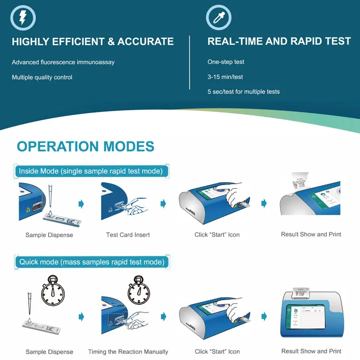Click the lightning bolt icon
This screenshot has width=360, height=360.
(23, 18)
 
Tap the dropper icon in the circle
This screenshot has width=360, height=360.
(218, 18)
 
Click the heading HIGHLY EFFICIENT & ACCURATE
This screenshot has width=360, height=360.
(93, 42)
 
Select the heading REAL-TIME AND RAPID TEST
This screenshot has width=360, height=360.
(279, 42)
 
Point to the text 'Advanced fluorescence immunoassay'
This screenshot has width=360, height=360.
(63, 62)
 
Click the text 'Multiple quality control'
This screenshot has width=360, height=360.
(42, 77)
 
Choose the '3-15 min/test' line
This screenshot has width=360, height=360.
(225, 77)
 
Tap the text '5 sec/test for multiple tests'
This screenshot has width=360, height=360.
(243, 92)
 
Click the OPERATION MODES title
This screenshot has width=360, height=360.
(85, 147)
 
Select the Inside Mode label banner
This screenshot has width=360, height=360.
(91, 171)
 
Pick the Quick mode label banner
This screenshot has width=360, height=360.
(92, 262)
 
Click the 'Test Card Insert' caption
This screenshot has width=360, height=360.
(128, 235)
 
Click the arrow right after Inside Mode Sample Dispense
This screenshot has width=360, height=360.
(81, 204)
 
